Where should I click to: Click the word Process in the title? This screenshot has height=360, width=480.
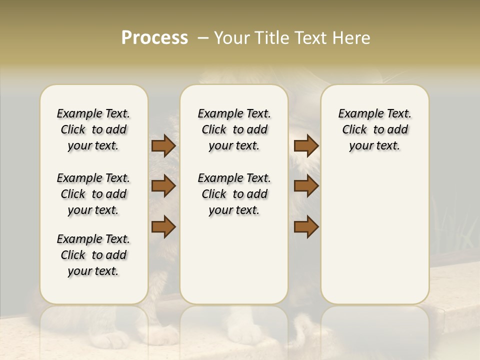point(154,38)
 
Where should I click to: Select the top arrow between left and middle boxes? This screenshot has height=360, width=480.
point(163,145)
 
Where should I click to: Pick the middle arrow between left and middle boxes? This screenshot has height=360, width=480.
point(163,186)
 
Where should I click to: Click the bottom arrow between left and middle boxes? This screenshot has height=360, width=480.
point(163,227)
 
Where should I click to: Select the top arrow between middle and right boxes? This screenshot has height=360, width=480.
point(306,145)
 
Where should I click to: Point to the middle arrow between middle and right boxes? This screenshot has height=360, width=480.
point(306,186)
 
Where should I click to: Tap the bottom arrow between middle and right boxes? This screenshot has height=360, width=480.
point(306,227)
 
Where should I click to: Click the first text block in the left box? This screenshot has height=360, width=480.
point(93,129)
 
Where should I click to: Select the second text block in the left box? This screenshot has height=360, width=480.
point(93,194)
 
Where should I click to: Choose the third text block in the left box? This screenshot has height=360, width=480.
point(93,255)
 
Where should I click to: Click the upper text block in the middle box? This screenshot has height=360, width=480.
point(234,129)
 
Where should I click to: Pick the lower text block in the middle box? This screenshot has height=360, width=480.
point(234,194)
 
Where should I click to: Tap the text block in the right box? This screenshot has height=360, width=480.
point(375,129)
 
